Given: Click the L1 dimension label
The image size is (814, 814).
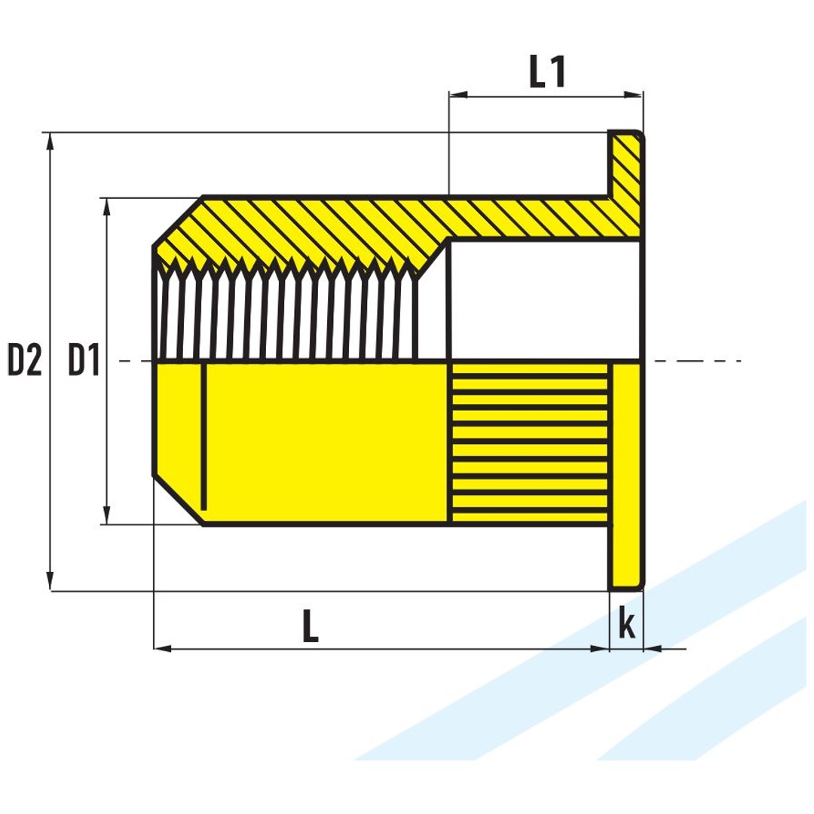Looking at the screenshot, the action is point(547,72).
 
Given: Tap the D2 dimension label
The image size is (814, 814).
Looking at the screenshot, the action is point(24,360).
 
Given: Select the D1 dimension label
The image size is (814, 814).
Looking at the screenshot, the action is point(84,360).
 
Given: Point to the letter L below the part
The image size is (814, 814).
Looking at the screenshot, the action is point(310,626).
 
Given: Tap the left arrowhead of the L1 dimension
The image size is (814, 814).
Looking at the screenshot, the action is point(458,94).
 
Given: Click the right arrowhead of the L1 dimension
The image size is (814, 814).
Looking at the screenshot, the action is point(633,94).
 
